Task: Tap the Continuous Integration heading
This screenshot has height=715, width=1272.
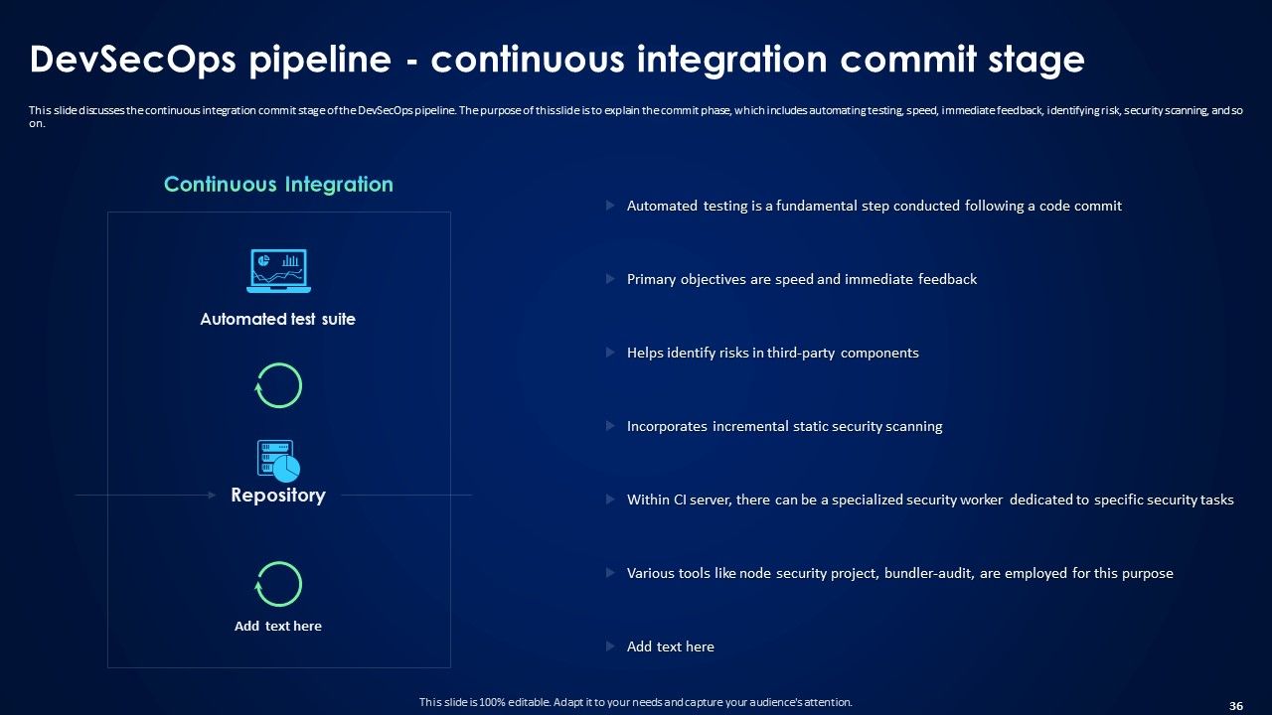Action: point(278,185)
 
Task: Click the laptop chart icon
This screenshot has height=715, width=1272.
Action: point(278,270)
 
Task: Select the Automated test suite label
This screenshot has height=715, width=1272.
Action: point(277,320)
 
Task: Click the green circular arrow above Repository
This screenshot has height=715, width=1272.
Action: point(278,385)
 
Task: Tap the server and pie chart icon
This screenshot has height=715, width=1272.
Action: point(278,461)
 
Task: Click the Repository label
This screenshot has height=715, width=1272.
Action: point(278,496)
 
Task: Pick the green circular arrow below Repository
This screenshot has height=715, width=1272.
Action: point(278,584)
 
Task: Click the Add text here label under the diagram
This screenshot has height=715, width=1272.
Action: point(278,627)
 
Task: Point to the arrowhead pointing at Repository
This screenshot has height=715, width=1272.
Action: point(211,495)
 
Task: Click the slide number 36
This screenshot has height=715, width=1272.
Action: point(1236,706)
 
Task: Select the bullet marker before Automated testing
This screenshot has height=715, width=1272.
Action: point(610,206)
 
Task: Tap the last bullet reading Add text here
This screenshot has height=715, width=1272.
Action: point(670,647)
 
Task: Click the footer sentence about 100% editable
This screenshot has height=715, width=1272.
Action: point(635,702)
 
